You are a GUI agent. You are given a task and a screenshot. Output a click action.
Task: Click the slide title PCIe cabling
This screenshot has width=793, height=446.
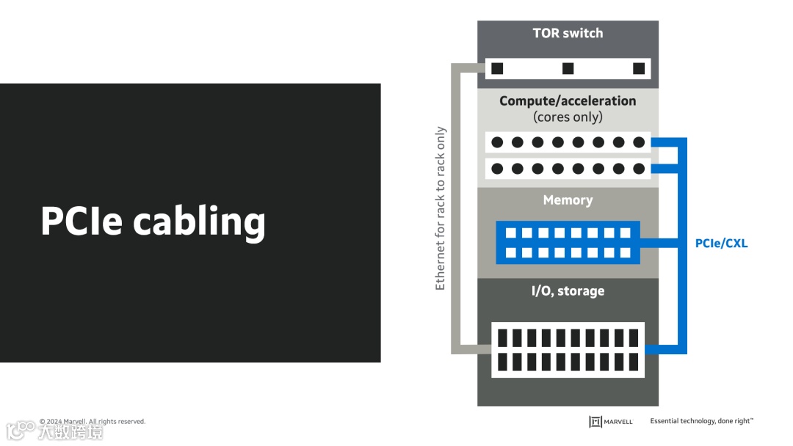[x=152, y=221]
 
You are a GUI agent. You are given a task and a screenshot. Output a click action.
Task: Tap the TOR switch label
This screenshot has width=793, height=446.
[x=568, y=33]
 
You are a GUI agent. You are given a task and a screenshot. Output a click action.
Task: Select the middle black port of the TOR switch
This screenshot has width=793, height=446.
[x=568, y=68]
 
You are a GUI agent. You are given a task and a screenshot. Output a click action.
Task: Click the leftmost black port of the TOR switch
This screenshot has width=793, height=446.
[x=497, y=68]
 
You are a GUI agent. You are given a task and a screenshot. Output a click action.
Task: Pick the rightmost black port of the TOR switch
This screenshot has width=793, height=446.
[x=638, y=68]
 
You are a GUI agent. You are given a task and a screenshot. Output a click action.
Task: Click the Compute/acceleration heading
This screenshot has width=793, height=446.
[x=568, y=100]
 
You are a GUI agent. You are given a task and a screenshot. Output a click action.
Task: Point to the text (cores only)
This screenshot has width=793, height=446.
[x=568, y=117]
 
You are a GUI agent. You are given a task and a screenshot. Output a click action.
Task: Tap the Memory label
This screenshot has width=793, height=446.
[x=568, y=200]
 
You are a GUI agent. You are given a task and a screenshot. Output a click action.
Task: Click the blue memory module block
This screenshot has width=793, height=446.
[x=568, y=243]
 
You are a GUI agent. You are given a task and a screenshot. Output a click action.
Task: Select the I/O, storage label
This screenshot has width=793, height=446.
[x=568, y=290]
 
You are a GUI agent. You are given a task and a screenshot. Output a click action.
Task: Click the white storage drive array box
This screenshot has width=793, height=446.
[x=568, y=350]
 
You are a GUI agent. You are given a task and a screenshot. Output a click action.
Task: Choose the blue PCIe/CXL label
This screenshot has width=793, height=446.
[x=721, y=243]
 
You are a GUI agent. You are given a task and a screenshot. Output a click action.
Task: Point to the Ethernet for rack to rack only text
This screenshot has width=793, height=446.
[x=441, y=208]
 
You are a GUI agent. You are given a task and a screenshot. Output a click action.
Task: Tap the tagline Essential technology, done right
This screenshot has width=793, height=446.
[x=701, y=421]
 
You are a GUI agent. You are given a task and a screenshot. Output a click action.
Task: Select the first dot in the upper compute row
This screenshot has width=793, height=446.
[x=497, y=142]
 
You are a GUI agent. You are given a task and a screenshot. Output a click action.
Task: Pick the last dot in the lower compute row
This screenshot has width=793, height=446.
[x=639, y=169]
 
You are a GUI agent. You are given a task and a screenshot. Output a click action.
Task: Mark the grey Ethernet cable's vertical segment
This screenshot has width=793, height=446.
[x=456, y=208]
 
